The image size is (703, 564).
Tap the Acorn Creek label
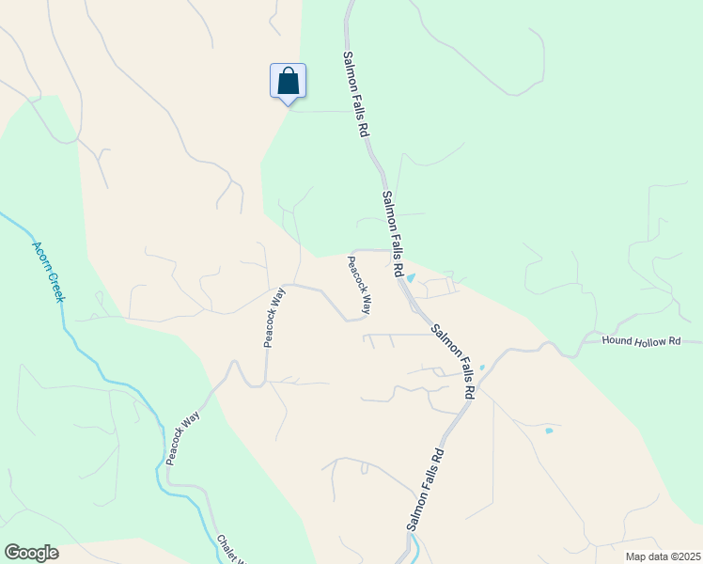pos(48,272)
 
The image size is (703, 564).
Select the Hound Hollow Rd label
pos(641,341)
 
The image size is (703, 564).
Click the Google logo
pos(31,553)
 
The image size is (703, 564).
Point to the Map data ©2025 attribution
pos(662,556)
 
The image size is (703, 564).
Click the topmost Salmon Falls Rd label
pos(354,96)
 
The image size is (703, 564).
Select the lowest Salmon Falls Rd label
pos(425,489)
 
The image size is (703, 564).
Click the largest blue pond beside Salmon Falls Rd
pos(410,276)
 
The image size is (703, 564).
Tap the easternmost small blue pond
pos(549,431)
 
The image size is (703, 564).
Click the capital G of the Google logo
pos(12,553)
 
